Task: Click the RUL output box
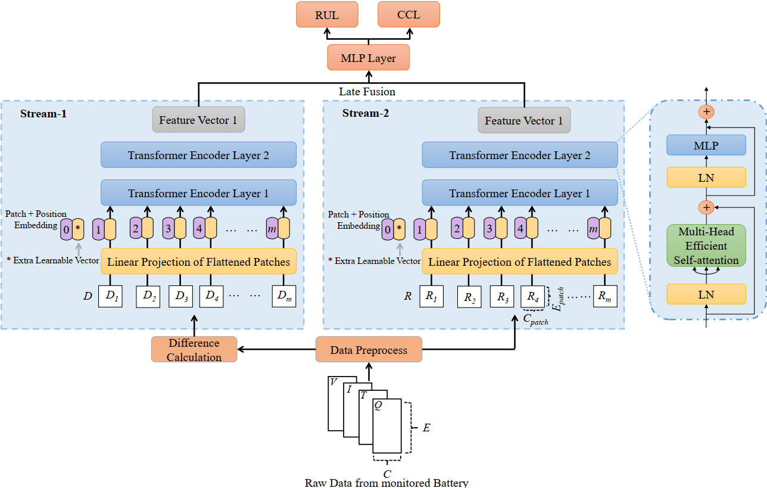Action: coord(327,14)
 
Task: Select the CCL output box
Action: coord(409,14)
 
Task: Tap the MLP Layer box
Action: coord(368,58)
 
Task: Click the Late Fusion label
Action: coord(367,92)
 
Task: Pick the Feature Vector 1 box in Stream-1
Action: coord(198,120)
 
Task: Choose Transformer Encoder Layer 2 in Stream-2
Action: coord(520,156)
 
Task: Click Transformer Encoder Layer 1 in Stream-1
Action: coord(198,193)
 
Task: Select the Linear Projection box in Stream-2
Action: coord(520,262)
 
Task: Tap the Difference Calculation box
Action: coord(194,350)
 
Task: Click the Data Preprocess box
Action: coord(369,350)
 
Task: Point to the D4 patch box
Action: coord(211,296)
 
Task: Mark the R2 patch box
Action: coord(470,296)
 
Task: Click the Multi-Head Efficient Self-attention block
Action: coord(706,245)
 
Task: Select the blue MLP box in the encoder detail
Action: coord(706,145)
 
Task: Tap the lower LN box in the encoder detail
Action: coord(706,294)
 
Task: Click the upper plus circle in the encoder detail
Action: coord(706,111)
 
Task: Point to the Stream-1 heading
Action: coord(43,113)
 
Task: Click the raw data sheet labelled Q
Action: coord(387,426)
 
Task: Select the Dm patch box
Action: coord(283,296)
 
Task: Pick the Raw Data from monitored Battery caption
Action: coord(386,483)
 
